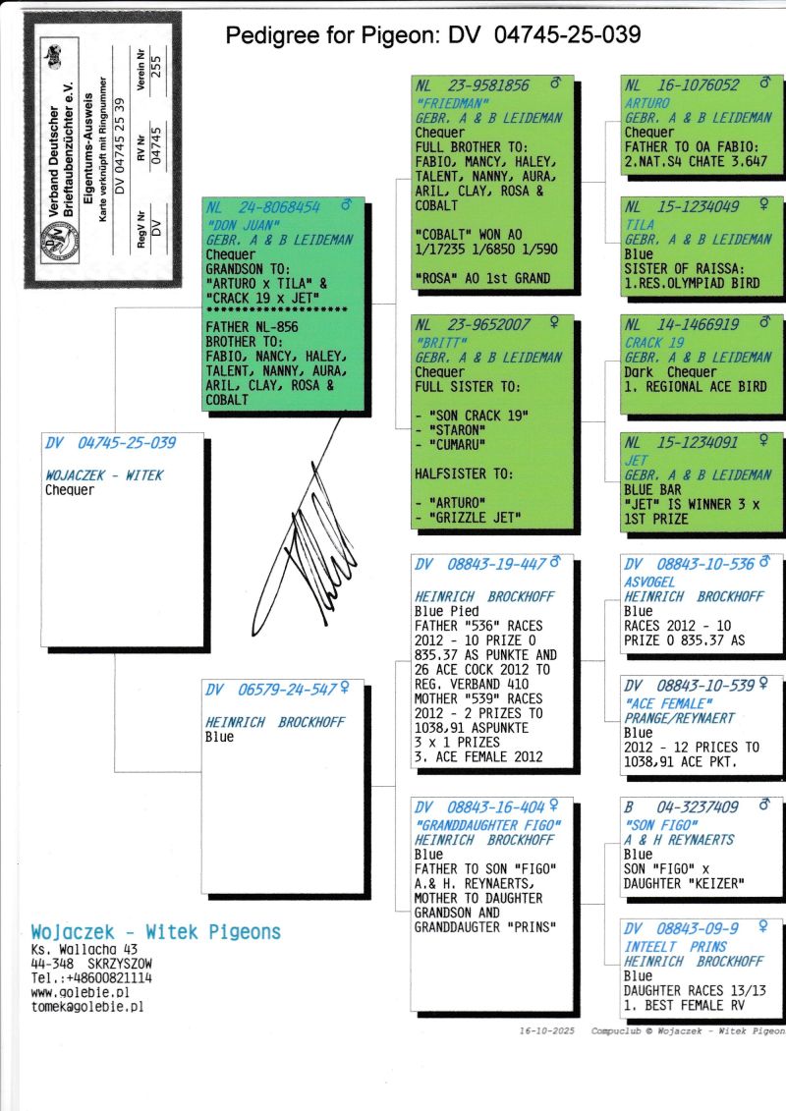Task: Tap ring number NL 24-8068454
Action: coord(263,207)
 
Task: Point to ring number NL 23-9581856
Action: coord(472,85)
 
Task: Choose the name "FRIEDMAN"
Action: coord(452,103)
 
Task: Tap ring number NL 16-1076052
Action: coord(682,85)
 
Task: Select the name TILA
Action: coord(640,225)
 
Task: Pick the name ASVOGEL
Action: coord(649,582)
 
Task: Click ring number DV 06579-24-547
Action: coord(270,690)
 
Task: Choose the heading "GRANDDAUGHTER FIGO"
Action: coord(487,825)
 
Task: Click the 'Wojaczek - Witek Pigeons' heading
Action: coord(156,932)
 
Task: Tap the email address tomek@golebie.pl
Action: coord(87,1006)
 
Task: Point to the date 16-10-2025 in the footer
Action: coord(546,1030)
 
